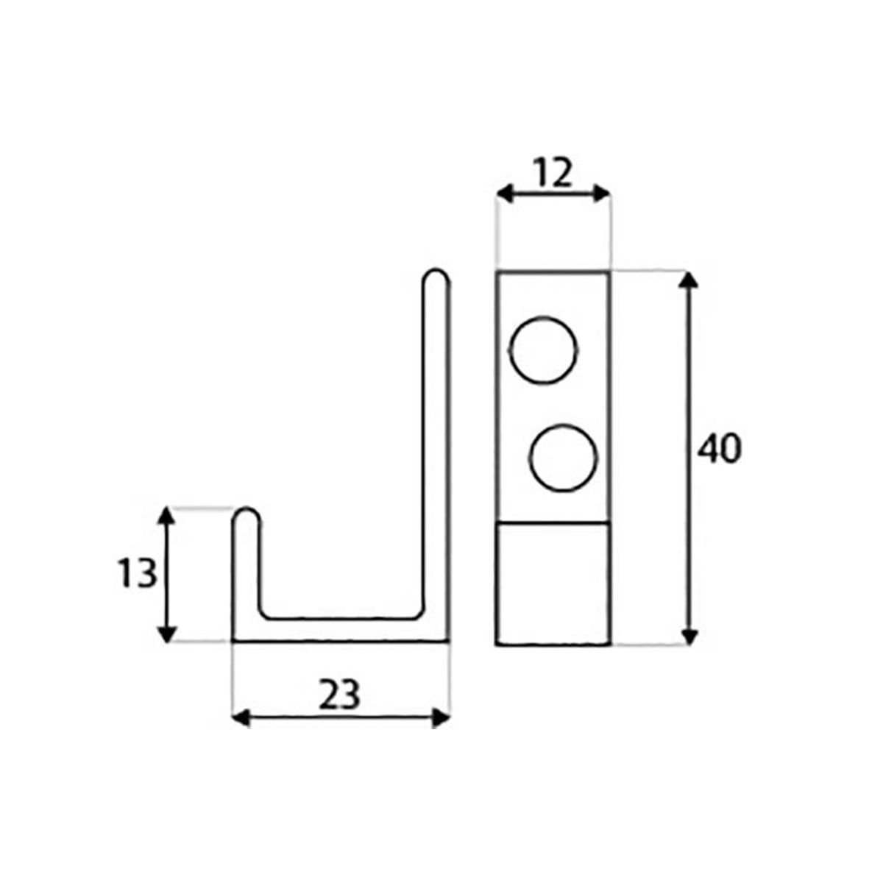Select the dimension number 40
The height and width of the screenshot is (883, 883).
[x=719, y=449]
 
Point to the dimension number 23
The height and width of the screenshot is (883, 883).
[x=339, y=695]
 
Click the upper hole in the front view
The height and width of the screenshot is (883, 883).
[x=544, y=350]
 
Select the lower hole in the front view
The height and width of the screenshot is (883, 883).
[x=562, y=457]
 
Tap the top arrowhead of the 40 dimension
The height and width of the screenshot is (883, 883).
[x=688, y=280]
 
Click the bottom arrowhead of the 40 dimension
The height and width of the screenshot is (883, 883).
[x=688, y=637]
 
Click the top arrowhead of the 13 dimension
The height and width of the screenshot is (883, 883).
[x=168, y=515]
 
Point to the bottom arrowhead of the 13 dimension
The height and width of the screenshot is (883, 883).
[x=168, y=634]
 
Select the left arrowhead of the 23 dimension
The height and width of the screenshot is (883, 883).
[x=240, y=718]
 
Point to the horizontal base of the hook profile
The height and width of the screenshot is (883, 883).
[x=340, y=631]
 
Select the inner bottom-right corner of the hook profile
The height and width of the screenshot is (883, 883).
[x=420, y=612]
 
